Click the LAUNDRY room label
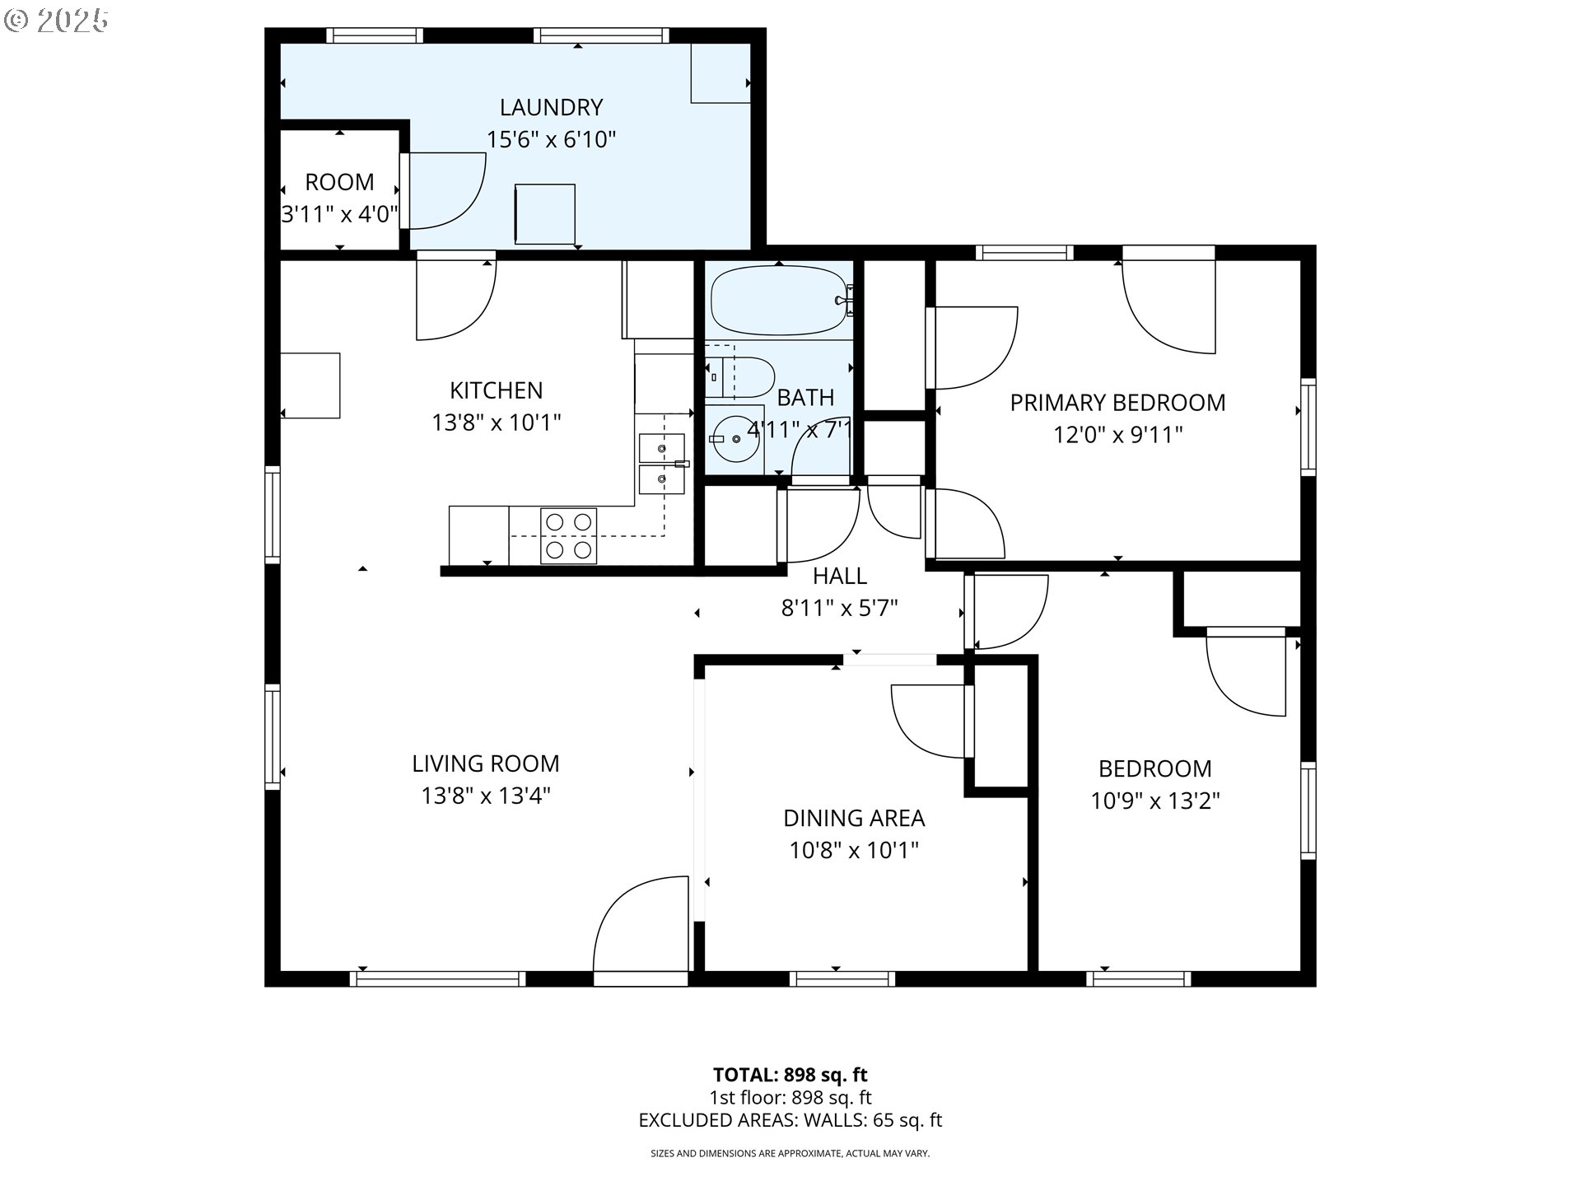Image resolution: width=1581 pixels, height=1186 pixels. point(551,107)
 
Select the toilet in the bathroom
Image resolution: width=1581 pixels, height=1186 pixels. point(739,377)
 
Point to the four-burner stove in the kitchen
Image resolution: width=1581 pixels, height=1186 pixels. point(569,536)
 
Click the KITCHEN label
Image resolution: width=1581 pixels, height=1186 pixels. point(497,390)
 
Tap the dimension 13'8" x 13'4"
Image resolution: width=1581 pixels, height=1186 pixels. point(486,796)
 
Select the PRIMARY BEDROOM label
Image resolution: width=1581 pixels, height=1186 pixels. point(1117,403)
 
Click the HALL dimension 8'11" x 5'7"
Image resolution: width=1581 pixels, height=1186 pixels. point(839,609)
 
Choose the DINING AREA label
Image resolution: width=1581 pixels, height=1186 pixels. point(854,818)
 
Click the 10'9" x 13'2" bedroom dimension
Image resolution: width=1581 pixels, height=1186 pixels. point(1155,801)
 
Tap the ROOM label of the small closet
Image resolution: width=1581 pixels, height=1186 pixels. point(339,182)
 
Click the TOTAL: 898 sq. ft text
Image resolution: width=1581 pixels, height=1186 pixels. point(790,1075)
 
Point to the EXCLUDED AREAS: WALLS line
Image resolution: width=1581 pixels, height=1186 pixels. point(790,1120)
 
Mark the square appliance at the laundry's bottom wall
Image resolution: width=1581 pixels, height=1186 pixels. point(545,214)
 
